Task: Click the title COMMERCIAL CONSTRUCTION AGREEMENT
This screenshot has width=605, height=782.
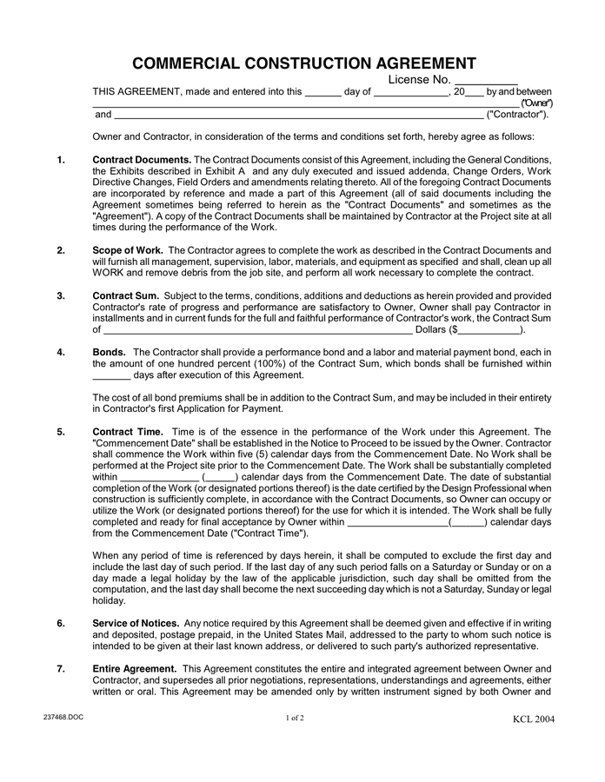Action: pos(303,63)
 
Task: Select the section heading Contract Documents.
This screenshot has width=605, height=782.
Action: pos(141,160)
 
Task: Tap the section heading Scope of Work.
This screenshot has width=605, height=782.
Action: pos(127,249)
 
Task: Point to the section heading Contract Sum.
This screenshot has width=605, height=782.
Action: pos(125,295)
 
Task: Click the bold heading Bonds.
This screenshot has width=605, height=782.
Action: pos(109,352)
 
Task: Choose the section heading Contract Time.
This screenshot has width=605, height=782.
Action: pos(127,432)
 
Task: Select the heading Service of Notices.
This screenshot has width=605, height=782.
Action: pos(136,623)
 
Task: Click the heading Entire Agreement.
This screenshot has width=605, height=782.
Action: pos(134,668)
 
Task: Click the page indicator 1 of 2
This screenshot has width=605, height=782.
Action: pos(294,718)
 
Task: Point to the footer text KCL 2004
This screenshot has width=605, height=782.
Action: pos(533,719)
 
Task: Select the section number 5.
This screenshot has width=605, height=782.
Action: pos(61,432)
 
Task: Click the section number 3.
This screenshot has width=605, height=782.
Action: pos(61,295)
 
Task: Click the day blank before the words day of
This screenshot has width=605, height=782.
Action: pos(323,92)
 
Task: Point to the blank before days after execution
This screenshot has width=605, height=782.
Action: pos(110,375)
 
